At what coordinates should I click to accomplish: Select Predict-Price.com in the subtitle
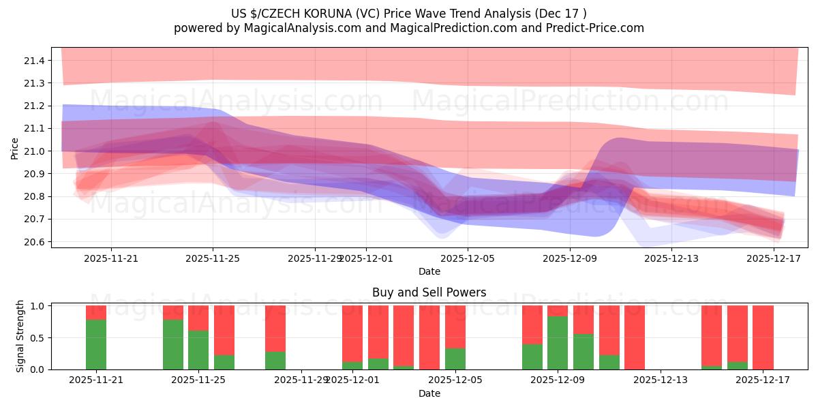coord(590,28)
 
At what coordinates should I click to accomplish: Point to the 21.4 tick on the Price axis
coord(33,61)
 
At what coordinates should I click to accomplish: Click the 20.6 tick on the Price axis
coord(33,242)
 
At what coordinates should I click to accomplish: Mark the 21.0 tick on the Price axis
coord(33,151)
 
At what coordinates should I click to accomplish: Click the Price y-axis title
coord(15,148)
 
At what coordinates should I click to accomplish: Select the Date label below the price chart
coord(429,271)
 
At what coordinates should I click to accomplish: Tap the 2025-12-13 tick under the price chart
coord(671,258)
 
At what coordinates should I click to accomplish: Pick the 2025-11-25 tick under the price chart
coord(213,258)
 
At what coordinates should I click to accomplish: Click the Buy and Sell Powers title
coord(429,292)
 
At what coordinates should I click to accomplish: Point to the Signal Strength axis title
coord(20,336)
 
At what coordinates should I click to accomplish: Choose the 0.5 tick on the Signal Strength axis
coord(37,337)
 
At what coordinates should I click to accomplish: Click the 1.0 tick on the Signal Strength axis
coord(37,306)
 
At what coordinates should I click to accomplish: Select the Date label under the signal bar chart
coord(429,393)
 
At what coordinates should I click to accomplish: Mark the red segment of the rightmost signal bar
coord(763,337)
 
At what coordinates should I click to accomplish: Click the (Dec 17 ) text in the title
coord(559,14)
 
